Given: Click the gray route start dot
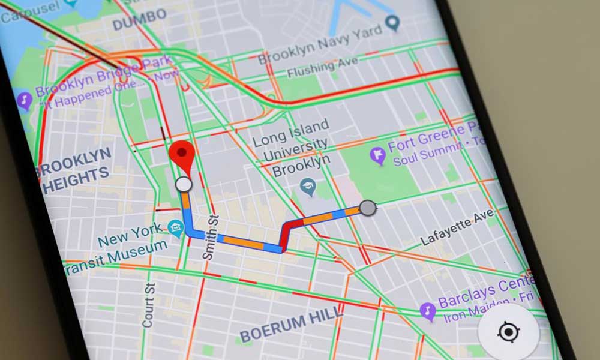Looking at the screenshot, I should pos(367,208).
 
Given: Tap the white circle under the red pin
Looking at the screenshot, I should pos(184,184).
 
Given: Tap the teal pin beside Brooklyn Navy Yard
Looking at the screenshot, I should pos(393,23).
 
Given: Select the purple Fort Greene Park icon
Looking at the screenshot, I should pos(377,157).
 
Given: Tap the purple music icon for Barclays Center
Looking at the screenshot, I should pos(427,310).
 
